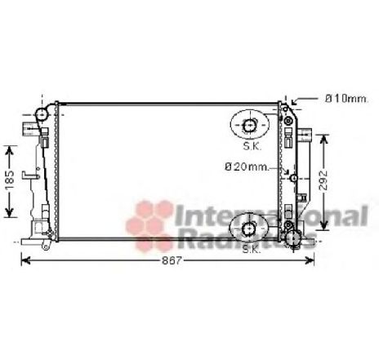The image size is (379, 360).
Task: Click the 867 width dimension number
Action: coord(168,260)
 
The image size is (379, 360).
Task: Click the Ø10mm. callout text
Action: coord(346,99)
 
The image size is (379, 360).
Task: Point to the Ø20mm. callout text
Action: coord(247,168)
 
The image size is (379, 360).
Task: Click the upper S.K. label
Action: coord(252,147)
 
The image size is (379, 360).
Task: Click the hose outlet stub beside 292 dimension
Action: coord(306,133)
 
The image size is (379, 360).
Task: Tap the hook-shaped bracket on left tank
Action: coord(31,173)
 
